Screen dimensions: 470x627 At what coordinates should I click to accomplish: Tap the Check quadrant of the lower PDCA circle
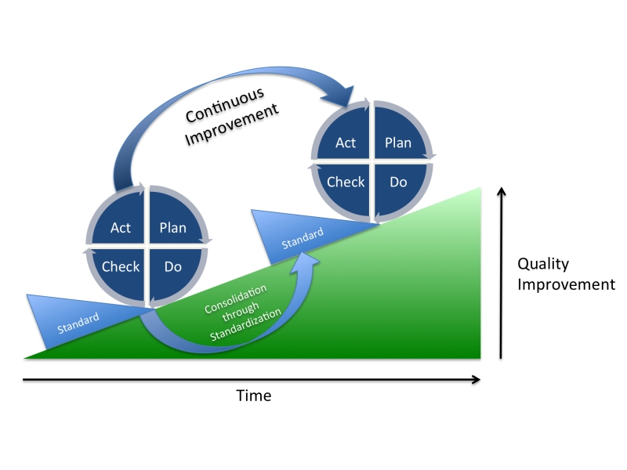click(121, 266)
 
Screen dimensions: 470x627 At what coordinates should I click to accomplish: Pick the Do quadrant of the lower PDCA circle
click(173, 266)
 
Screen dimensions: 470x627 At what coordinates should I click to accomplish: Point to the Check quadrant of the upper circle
click(346, 182)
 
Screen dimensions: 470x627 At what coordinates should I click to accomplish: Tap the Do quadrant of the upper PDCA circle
click(398, 182)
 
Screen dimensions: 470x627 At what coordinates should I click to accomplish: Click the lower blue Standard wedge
click(74, 317)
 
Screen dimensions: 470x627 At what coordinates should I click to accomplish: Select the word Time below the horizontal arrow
click(254, 396)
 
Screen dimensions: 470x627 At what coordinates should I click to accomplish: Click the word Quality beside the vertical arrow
click(542, 264)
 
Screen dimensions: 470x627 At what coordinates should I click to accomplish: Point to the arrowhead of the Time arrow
click(475, 380)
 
